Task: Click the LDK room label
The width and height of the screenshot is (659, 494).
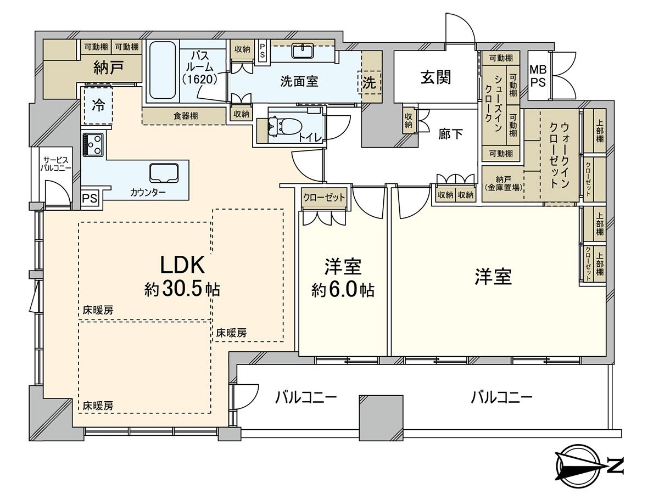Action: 182,266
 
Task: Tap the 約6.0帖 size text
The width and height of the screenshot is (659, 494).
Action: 343,290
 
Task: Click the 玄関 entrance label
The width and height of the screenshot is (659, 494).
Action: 436,77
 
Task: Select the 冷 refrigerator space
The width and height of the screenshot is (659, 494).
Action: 98,105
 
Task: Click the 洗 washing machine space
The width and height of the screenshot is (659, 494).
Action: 370,83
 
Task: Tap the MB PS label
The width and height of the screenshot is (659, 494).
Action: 538,76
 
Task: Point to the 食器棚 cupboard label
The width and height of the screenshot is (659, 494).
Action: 186,116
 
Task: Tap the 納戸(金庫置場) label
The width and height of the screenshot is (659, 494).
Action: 503,183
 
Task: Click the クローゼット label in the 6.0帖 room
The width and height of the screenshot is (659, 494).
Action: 324,197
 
